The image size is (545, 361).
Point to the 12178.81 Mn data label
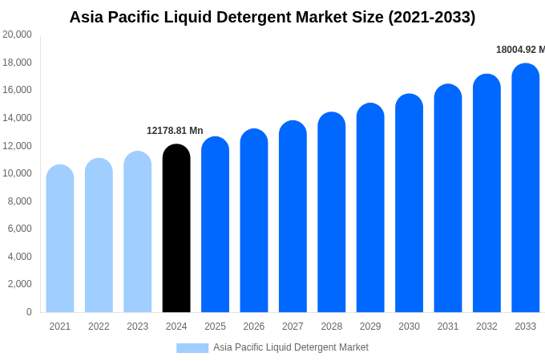point(175,131)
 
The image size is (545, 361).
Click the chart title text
point(272,17)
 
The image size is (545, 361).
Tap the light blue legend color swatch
point(192,348)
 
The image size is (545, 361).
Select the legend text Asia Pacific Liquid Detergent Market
point(291,347)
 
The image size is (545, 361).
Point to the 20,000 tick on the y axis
point(17,34)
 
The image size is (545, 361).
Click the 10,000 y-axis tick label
point(17,173)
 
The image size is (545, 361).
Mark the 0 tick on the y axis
point(29,312)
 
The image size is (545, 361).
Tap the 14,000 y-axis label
point(17,118)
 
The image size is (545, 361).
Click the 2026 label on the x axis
point(254,327)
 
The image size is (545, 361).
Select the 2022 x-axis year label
point(99,327)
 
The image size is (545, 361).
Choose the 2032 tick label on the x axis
point(486,327)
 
